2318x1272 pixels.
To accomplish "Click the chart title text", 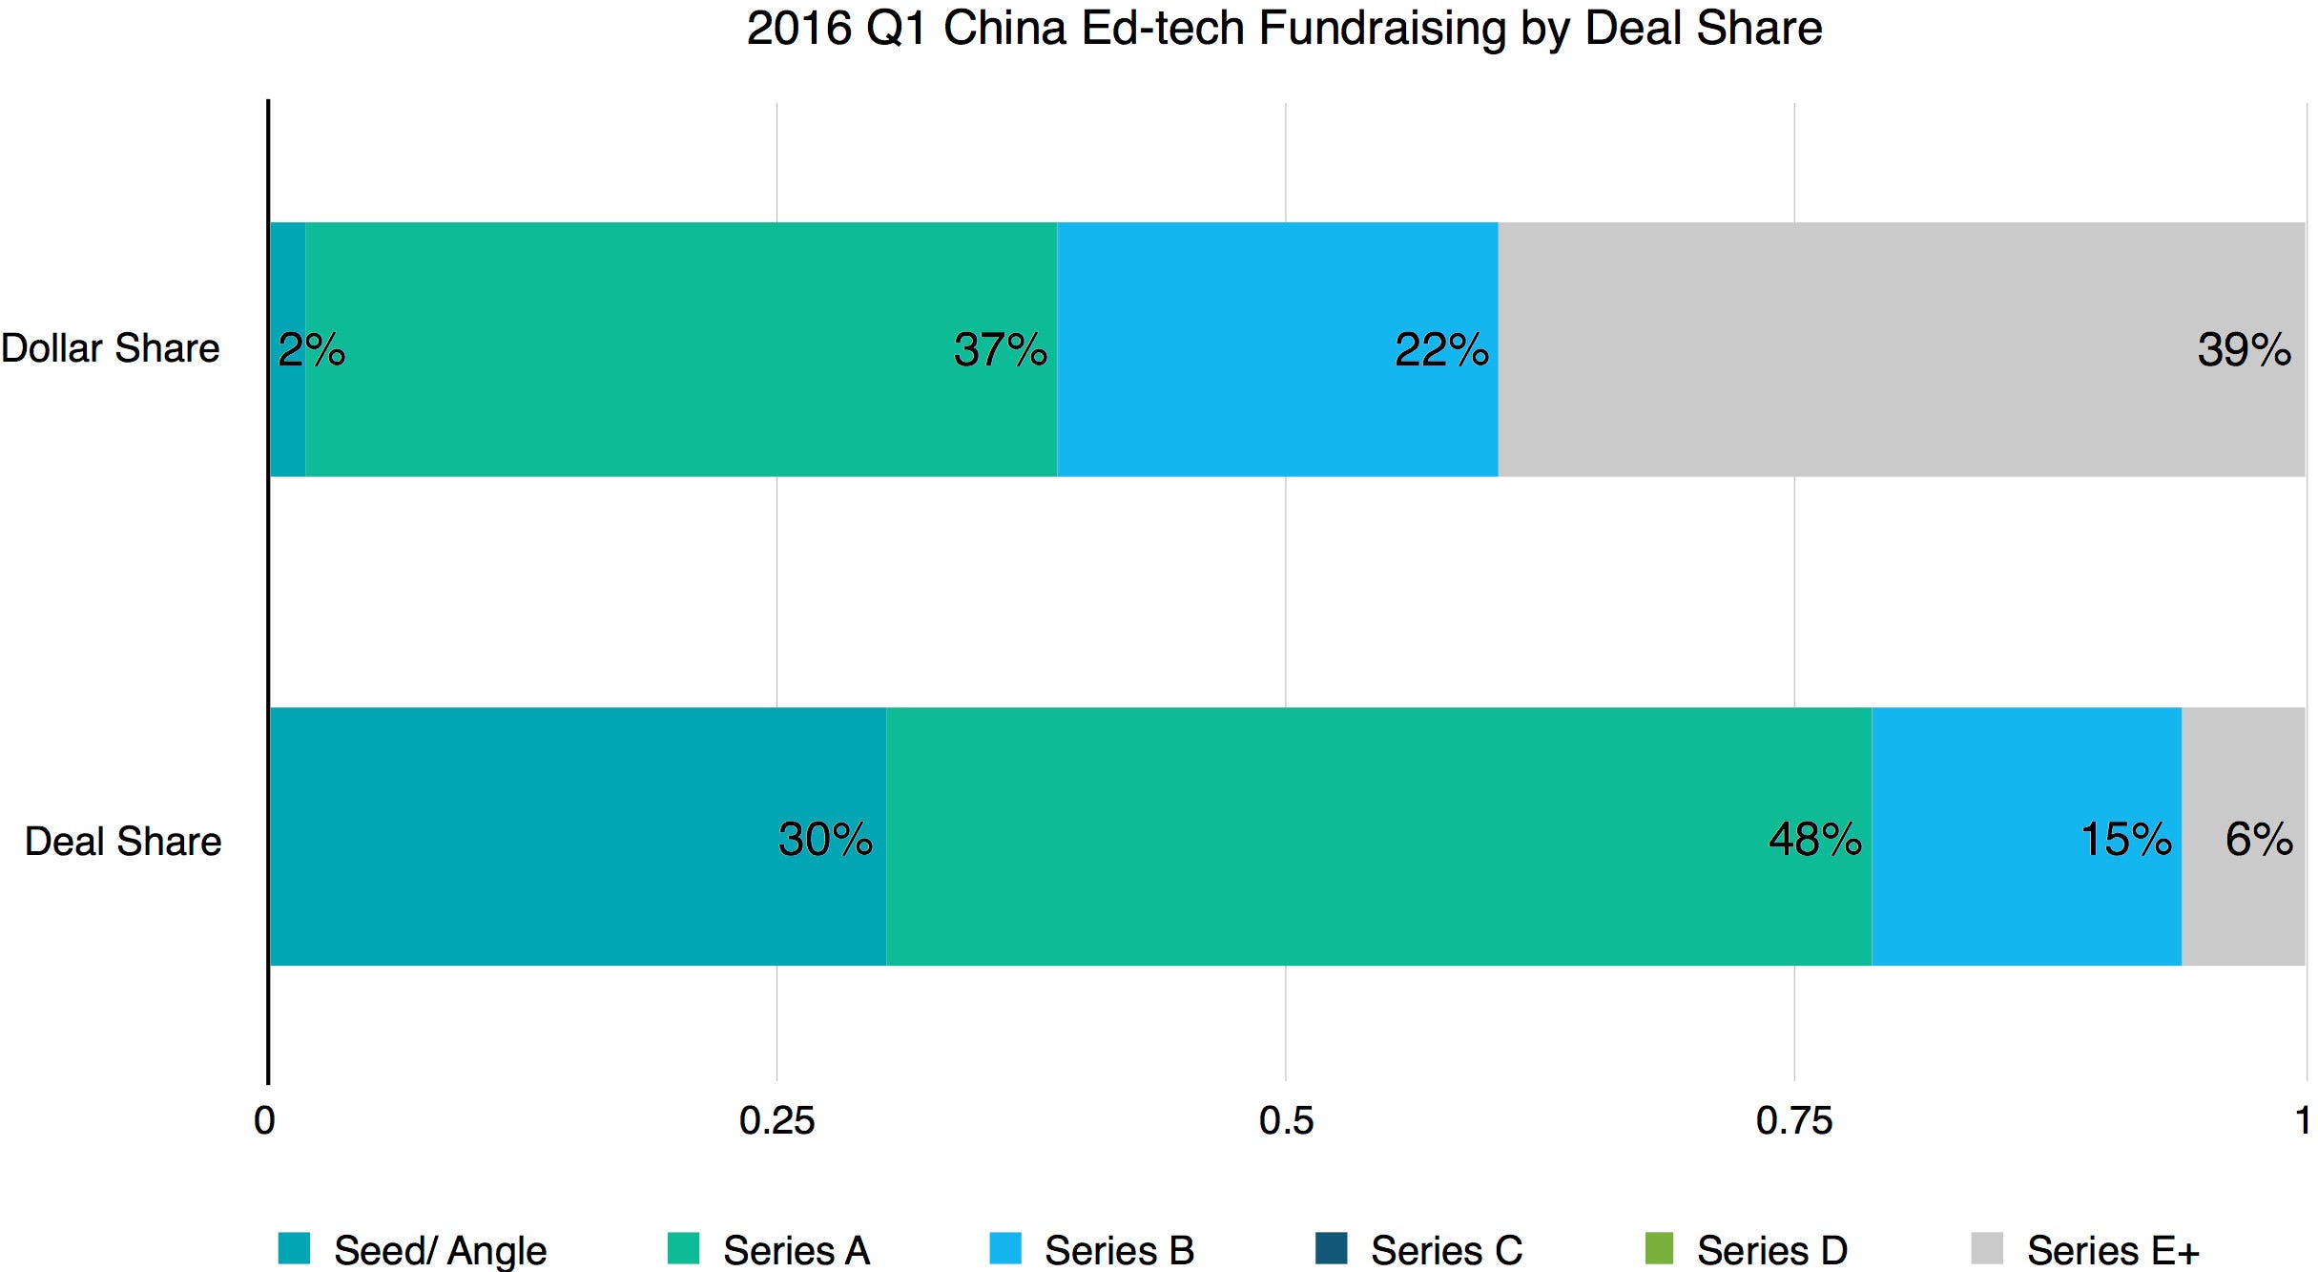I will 1284,29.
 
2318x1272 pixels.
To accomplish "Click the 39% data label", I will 2244,350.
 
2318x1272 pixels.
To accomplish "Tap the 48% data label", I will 1815,840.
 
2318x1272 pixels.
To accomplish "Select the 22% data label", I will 1441,350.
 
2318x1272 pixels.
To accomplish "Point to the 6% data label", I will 2259,840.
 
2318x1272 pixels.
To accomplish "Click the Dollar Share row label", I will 111,348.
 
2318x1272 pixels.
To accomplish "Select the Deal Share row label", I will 123,842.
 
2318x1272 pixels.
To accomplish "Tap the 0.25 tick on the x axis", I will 776,1120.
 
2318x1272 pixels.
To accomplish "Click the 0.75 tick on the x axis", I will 1793,1120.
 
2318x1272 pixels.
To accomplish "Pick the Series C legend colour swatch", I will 1331,1248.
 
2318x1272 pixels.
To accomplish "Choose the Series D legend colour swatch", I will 1659,1248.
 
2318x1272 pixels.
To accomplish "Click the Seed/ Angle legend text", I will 440,1250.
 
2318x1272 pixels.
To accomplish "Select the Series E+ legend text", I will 2113,1250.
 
